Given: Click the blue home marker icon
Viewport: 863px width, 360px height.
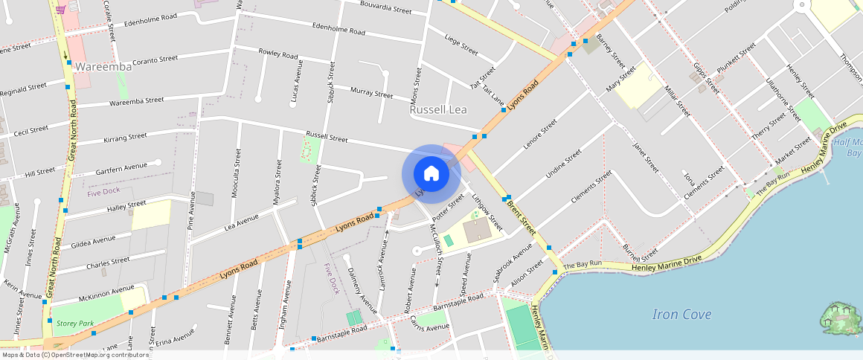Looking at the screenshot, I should [431, 174].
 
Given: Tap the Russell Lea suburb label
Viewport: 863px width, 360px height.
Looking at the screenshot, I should [438, 109].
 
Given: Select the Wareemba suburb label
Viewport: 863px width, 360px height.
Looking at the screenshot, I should [103, 67].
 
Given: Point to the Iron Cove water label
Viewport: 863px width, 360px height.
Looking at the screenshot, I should [681, 314].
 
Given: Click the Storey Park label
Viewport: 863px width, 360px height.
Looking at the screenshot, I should [75, 324].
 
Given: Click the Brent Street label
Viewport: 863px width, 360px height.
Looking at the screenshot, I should [521, 215].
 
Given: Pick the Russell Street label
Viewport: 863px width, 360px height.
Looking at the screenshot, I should [327, 138].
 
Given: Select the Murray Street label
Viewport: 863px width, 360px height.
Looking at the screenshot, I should [371, 94].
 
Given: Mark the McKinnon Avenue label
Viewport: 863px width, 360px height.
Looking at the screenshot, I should [106, 291].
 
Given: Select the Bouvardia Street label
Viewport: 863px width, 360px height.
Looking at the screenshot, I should [385, 10].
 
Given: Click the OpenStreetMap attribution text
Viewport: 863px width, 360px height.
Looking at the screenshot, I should [74, 355].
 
